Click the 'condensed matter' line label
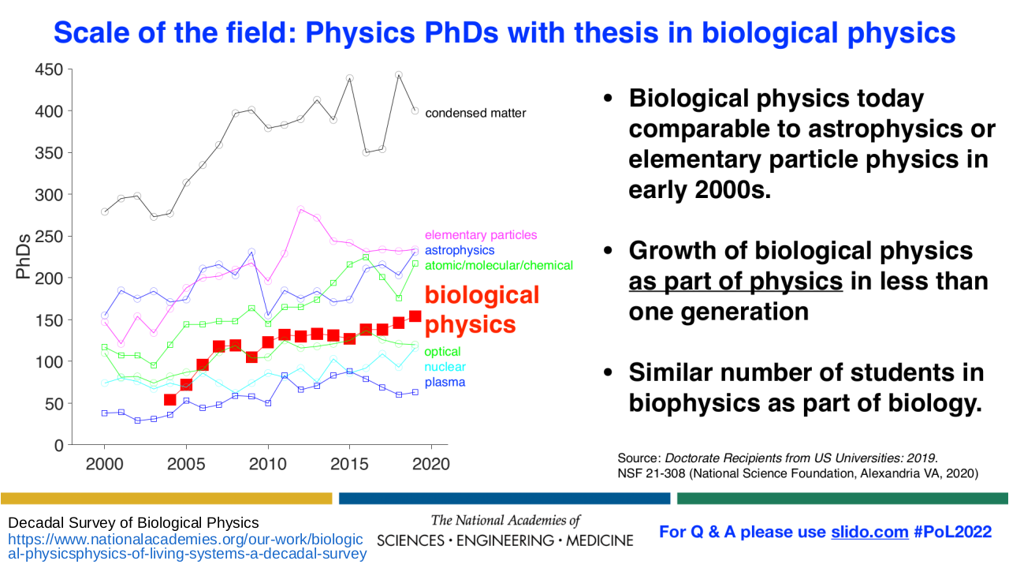coord(475,113)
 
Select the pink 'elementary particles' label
coord(481,234)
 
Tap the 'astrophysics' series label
coord(460,250)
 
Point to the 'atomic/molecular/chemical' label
coord(499,265)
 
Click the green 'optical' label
coord(442,351)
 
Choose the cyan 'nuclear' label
coord(445,367)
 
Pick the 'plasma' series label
coord(445,383)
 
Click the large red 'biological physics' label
coord(482,309)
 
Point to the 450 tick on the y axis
coord(49,69)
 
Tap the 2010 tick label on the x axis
coord(268,464)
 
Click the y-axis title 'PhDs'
coord(24,255)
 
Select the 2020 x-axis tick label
coord(431,464)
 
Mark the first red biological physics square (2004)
coord(169,400)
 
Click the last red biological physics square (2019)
coord(415,316)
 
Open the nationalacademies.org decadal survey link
coord(186,546)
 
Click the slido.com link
coord(869,532)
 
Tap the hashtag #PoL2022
coord(952,532)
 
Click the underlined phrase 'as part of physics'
coord(735,280)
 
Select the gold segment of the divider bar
coord(166,498)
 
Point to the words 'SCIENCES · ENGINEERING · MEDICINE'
coord(505,540)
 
